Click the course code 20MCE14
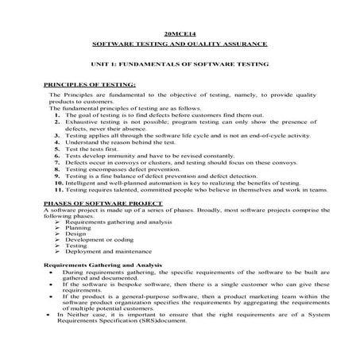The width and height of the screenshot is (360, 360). coord(180,35)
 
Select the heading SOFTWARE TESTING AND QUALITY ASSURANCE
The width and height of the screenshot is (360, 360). coord(180,45)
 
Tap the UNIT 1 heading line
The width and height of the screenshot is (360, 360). coord(180,64)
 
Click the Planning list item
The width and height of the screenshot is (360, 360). coord(78,228)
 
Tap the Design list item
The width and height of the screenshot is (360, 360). coord(76,234)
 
